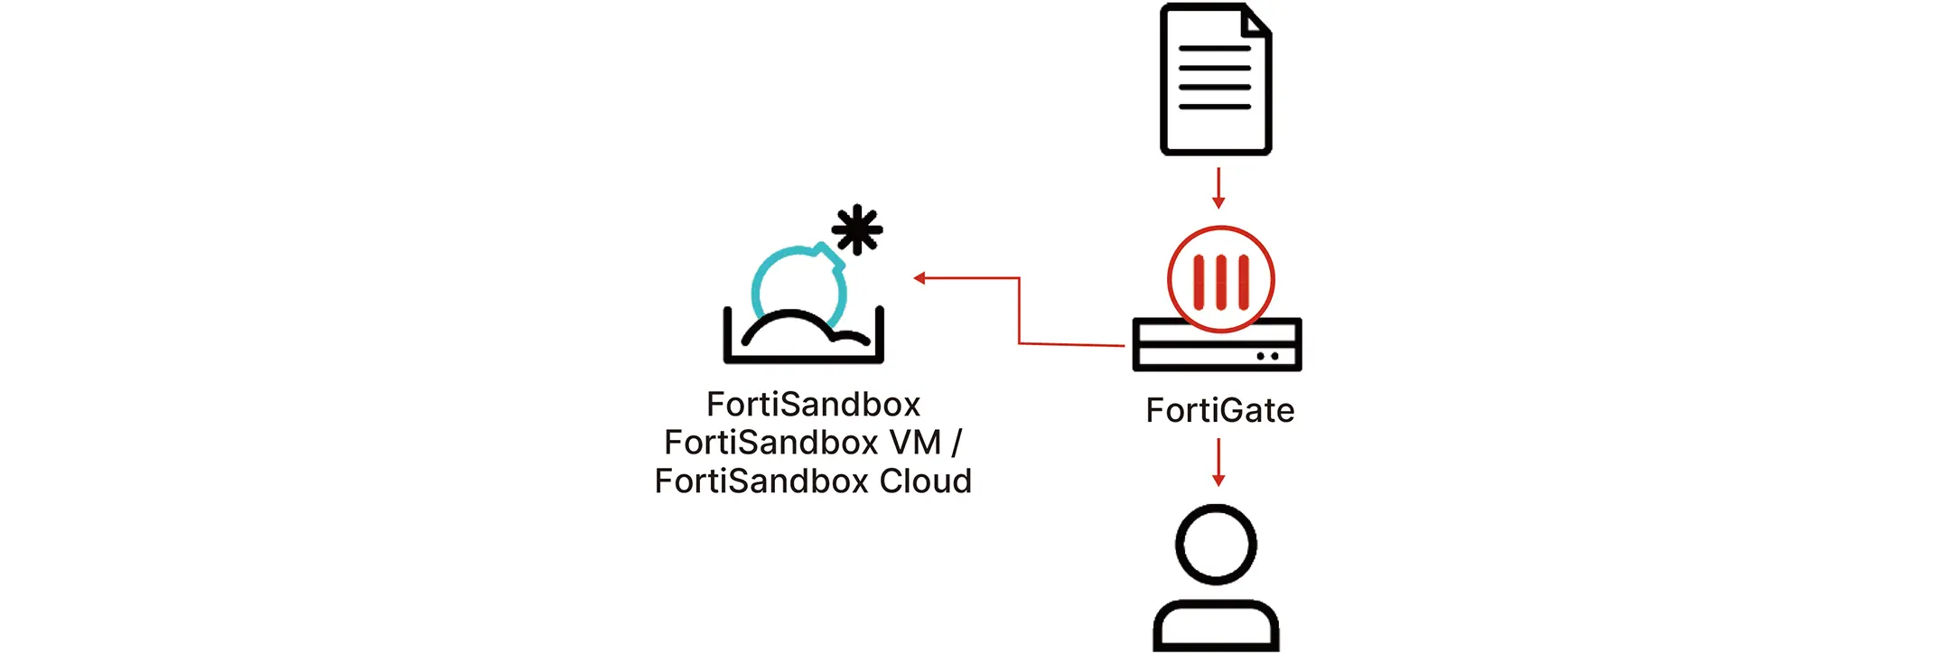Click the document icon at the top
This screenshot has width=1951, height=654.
tap(1215, 79)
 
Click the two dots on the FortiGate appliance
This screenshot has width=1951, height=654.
tap(1267, 356)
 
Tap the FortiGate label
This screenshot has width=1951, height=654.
tap(1219, 411)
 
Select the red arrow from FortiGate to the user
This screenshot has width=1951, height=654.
tap(1218, 462)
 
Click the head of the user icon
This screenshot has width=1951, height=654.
tap(1216, 545)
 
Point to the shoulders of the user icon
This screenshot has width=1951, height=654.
tap(1216, 624)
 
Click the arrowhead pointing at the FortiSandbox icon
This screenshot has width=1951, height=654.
tap(919, 278)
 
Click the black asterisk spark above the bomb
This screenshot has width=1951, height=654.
tap(856, 229)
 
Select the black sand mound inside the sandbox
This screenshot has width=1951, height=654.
tap(795, 329)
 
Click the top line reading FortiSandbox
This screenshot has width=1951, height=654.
tap(813, 405)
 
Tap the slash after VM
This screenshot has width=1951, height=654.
tap(957, 443)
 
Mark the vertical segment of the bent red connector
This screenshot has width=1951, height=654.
tap(1019, 311)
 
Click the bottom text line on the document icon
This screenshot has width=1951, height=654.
tap(1215, 107)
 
